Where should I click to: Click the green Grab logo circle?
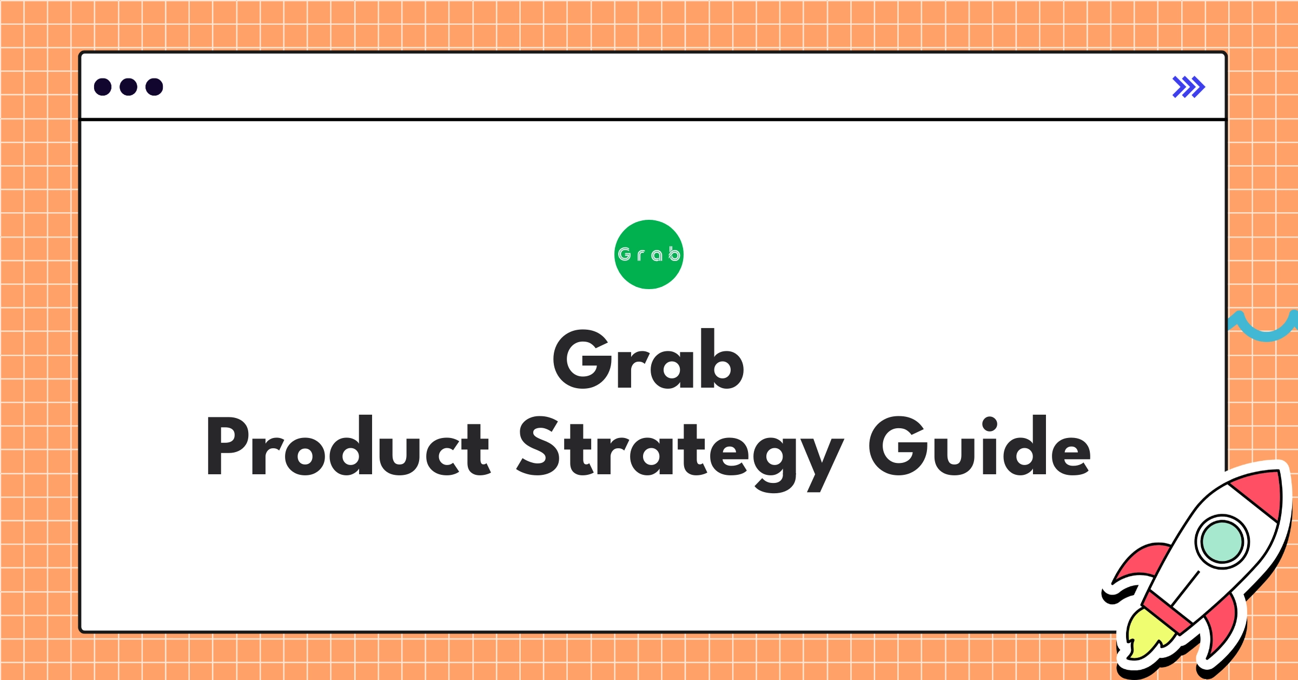click(648, 254)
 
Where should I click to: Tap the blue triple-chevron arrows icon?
click(1188, 87)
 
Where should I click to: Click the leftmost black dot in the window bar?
click(103, 87)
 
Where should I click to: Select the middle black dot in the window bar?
click(128, 87)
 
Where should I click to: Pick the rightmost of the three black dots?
click(154, 87)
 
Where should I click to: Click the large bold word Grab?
click(648, 359)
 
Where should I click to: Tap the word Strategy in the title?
click(679, 449)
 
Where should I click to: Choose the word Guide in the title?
click(979, 447)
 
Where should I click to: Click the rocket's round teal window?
click(1222, 541)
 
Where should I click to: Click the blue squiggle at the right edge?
click(1266, 328)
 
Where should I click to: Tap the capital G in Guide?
click(898, 447)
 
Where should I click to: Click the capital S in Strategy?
click(538, 447)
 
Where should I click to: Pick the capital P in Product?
click(227, 447)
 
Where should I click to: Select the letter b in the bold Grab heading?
click(721, 359)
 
